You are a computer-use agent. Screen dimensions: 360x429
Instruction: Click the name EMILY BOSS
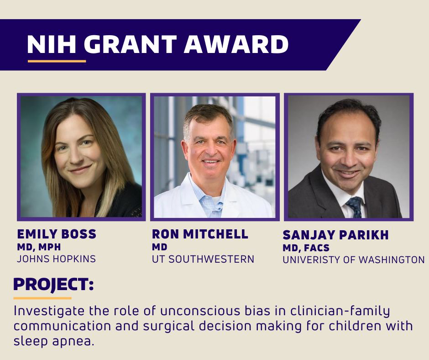pyautogui.click(x=57, y=235)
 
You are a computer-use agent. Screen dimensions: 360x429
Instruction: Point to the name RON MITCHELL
pyautogui.click(x=200, y=234)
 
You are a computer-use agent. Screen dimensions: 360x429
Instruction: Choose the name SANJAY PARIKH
pyautogui.click(x=335, y=235)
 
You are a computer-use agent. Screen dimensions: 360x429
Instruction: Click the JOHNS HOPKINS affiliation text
pyautogui.click(x=56, y=259)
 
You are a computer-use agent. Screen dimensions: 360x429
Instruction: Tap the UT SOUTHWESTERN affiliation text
pyautogui.click(x=203, y=259)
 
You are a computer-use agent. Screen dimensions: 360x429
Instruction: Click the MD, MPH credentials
pyautogui.click(x=38, y=247)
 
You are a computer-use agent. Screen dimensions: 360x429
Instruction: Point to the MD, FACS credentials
pyautogui.click(x=306, y=248)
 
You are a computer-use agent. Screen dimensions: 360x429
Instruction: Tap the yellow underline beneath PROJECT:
pyautogui.click(x=42, y=298)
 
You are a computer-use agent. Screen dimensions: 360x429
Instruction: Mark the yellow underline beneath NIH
pyautogui.click(x=57, y=61)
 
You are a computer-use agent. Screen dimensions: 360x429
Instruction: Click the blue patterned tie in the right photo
pyautogui.click(x=354, y=206)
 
